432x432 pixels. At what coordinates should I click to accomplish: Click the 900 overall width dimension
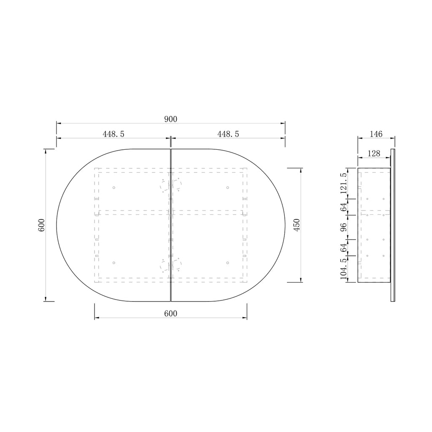click(x=171, y=119)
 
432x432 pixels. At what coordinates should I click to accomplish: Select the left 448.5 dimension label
click(x=113, y=134)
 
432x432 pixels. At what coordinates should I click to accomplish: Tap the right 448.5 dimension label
click(x=228, y=134)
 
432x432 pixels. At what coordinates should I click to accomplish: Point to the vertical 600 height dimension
click(x=41, y=225)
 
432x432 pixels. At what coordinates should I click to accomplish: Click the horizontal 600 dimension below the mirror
click(x=171, y=313)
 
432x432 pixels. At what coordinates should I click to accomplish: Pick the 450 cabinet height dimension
click(x=297, y=225)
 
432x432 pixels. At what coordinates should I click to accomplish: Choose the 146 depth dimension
click(x=376, y=134)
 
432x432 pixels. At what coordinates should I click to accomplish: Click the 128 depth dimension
click(x=374, y=154)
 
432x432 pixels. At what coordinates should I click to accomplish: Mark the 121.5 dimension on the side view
click(x=343, y=184)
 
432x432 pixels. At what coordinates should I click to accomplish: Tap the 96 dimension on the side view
click(x=343, y=227)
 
